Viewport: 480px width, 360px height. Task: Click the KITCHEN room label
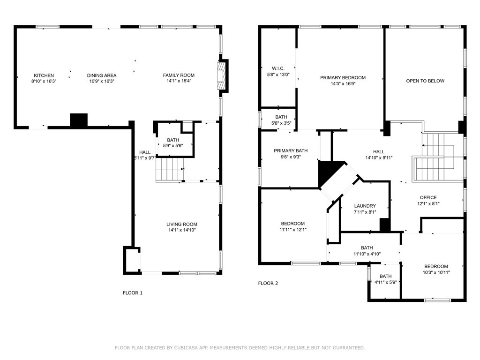click(x=44, y=75)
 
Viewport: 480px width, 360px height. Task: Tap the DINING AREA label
click(x=102, y=75)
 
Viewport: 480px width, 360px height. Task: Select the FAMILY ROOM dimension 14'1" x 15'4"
click(x=179, y=81)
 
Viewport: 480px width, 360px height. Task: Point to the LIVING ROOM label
click(x=182, y=224)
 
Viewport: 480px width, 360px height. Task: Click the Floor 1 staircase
click(x=170, y=169)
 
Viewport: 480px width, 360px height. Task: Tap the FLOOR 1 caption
click(x=133, y=293)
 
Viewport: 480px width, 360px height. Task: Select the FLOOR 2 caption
click(x=268, y=283)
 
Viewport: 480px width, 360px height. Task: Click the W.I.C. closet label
click(x=278, y=68)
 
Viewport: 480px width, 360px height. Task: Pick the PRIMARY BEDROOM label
click(x=343, y=78)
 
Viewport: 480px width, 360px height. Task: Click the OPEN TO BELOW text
click(x=425, y=81)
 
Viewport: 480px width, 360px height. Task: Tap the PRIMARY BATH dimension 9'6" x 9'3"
click(x=291, y=157)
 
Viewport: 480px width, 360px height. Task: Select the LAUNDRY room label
click(x=365, y=206)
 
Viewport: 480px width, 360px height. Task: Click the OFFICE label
click(x=428, y=197)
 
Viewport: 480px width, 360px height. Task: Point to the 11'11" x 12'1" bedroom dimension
click(x=293, y=230)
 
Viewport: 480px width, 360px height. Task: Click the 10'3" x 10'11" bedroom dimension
click(x=436, y=272)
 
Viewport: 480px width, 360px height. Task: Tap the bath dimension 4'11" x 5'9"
click(x=386, y=282)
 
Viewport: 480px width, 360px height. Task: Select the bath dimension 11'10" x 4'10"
click(x=367, y=254)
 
